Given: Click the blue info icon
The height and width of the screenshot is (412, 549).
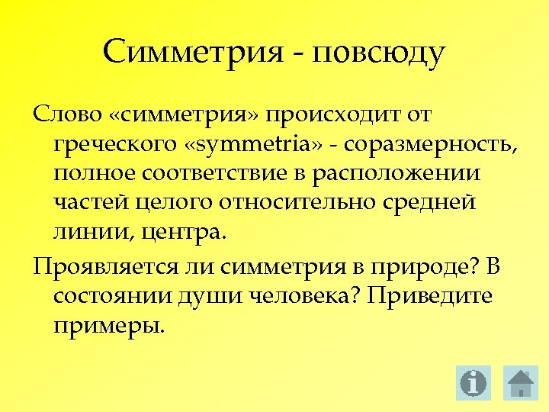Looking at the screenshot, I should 474,382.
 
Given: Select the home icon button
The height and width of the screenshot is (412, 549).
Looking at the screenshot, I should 522,382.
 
